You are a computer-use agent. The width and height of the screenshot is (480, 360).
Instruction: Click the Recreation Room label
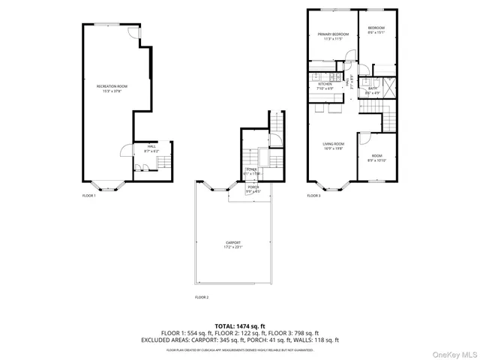click(x=112, y=88)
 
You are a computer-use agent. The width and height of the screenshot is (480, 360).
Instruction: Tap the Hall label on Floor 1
click(x=151, y=148)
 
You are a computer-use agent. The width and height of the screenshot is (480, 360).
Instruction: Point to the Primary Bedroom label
click(x=332, y=36)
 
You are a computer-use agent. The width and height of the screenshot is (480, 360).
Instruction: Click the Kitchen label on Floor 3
click(x=325, y=85)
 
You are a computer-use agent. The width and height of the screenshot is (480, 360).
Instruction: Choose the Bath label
click(x=373, y=91)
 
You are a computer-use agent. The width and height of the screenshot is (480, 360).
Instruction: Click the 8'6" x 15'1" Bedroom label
click(x=376, y=31)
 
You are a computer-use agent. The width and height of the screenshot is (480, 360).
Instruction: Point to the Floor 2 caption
click(x=201, y=297)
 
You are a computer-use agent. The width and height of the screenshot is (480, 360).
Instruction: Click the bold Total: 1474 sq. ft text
click(x=239, y=326)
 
